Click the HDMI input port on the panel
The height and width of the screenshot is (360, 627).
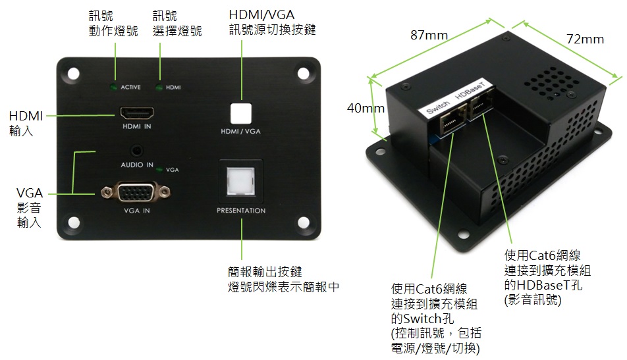[137, 113]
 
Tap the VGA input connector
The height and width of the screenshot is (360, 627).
[136, 193]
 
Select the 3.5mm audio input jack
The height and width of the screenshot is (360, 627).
[137, 151]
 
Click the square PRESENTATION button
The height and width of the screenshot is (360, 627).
[241, 181]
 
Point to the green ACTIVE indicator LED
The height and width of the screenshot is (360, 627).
[113, 87]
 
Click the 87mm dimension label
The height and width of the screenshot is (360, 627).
[429, 35]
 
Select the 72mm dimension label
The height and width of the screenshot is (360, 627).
[585, 39]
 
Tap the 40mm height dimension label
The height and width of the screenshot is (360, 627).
[366, 108]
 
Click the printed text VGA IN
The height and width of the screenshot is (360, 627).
[137, 211]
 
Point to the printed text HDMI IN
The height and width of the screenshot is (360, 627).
[137, 126]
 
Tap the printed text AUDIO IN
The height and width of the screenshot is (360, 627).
[137, 165]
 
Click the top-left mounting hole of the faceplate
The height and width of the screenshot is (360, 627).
[73, 74]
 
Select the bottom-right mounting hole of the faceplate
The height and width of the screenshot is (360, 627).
[304, 223]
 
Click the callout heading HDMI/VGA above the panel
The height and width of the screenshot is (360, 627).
[261, 14]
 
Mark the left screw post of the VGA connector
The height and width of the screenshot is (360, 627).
[107, 193]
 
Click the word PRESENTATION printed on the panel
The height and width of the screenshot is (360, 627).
[241, 211]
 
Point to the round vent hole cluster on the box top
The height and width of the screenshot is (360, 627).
[551, 83]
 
